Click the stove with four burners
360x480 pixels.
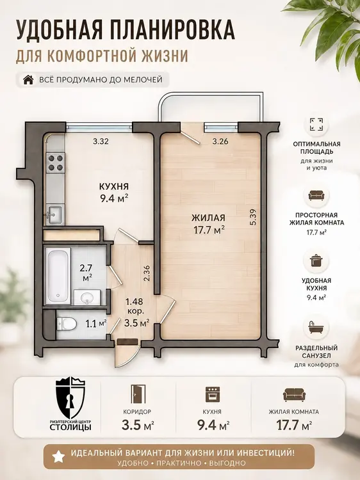(x=55, y=162)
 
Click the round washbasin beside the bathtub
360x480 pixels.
(x=87, y=297)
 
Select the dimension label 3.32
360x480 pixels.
(x=101, y=141)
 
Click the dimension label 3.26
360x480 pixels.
(x=220, y=141)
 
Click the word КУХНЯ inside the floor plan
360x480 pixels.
(x=113, y=186)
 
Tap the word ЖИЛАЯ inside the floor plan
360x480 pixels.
(x=209, y=218)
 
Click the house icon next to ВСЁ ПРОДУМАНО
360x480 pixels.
(x=28, y=79)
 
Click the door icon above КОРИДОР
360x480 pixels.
(x=136, y=394)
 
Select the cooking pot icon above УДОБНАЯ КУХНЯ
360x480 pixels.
(x=316, y=261)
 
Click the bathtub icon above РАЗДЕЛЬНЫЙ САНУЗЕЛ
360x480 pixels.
(x=316, y=328)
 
